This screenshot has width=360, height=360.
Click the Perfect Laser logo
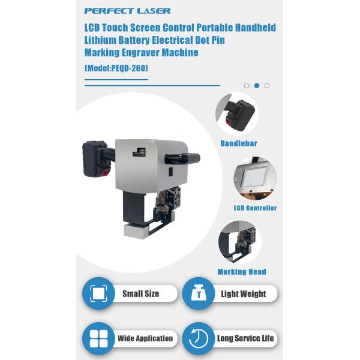(127, 11)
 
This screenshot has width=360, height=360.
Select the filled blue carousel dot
(257, 86)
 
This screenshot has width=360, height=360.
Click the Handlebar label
(239, 143)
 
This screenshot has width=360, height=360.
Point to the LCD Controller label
(255, 208)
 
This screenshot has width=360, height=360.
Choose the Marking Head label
(242, 272)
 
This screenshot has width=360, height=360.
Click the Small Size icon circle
(99, 293)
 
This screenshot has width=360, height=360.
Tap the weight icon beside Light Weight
(199, 293)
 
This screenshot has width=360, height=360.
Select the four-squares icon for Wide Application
(99, 338)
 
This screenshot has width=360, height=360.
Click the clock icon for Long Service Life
(199, 338)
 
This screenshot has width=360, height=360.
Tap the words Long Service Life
(245, 338)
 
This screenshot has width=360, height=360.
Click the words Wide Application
(145, 338)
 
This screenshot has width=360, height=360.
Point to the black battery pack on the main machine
(95, 159)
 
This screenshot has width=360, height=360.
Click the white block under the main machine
(136, 231)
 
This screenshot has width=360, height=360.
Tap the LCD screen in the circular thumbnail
(254, 177)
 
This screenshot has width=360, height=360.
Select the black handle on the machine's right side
(182, 158)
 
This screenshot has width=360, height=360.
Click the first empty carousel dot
(247, 86)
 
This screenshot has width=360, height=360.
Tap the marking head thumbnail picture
(240, 242)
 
